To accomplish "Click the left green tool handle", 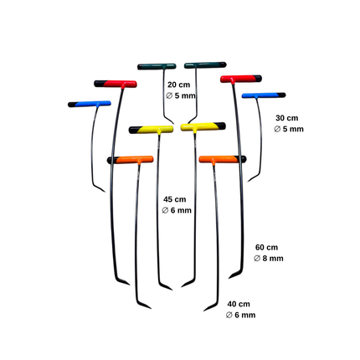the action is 157,66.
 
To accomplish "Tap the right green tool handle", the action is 205,65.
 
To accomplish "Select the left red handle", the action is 116,84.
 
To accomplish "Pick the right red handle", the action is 241,79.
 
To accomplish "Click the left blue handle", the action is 90,104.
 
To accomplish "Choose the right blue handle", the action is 264,95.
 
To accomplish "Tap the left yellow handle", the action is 151,130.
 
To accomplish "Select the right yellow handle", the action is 203,126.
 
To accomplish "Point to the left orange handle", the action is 130,160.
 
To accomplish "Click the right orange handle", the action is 223,159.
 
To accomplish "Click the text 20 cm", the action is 178,85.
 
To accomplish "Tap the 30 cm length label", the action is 286,118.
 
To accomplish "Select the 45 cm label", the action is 174,199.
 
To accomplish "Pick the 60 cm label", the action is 266,248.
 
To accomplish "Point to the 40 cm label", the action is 239,304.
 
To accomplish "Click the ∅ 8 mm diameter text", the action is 269,259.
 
